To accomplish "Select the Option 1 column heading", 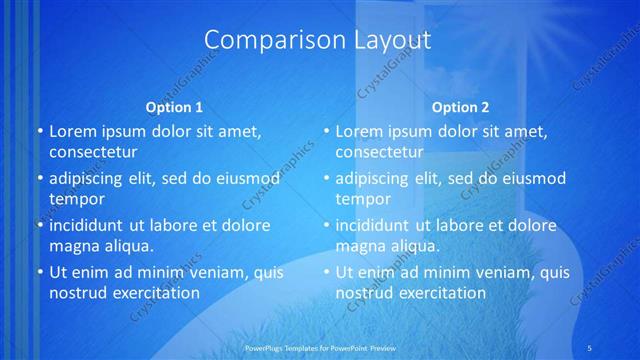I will click(174, 107).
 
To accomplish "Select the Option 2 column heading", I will click(460, 107).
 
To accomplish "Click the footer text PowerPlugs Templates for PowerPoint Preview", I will click(319, 347).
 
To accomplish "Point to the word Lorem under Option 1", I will click(72, 131).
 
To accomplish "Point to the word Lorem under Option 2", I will click(358, 131).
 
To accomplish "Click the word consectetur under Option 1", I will click(93, 152).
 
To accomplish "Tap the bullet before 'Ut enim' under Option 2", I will click(326, 272).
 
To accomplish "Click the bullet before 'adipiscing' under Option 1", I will click(40, 179).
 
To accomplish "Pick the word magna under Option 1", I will click(75, 245).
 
